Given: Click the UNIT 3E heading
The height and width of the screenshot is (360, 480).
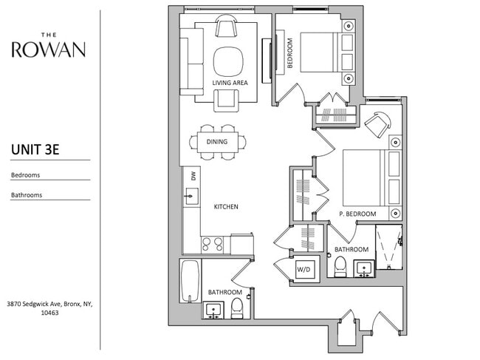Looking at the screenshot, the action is pos(35,149).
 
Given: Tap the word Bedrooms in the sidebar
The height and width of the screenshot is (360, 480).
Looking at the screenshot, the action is pos(25,175).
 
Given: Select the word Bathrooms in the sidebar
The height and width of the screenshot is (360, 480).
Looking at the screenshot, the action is pos(27,195).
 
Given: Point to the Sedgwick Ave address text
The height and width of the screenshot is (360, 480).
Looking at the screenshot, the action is pos(49,308).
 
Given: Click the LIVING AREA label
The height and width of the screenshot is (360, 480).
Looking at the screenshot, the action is pos(230,83).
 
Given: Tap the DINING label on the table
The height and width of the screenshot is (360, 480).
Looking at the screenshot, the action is pos(217,141).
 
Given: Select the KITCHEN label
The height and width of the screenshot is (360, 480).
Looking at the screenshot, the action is pos(226,207).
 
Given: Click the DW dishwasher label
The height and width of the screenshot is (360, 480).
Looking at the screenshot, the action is pos(193,176).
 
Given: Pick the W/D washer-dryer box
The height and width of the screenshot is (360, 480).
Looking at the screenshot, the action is pos(304,269).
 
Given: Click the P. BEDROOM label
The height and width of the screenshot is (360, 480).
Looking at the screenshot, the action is pos(357,214).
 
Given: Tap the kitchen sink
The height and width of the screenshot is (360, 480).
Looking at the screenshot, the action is pos(191,196).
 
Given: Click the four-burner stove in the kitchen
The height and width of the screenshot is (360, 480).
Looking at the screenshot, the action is pos(212,245).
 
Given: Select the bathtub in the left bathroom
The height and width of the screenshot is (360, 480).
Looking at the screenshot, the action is pos(190,281).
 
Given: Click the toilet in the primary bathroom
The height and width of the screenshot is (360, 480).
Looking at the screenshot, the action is pos(340,267).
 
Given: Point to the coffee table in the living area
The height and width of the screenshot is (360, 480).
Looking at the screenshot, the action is pos(228,62).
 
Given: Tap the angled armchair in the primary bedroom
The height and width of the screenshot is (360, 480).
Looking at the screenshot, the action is pos(378,124).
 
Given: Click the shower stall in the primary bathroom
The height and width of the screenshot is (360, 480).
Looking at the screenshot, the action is pos(388,247).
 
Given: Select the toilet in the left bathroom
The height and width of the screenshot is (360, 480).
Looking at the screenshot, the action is pos(236,308).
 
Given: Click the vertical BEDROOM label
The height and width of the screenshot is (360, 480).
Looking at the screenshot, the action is pos(290,52).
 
